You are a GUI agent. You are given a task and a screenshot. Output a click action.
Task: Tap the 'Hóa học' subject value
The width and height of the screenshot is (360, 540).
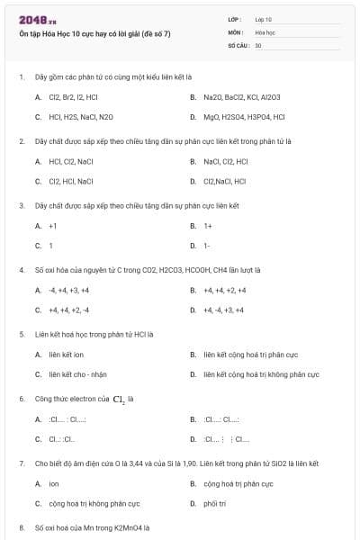pyautogui.click(x=265, y=31)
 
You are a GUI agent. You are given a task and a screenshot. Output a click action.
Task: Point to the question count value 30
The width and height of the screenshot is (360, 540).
pyautogui.click(x=258, y=44)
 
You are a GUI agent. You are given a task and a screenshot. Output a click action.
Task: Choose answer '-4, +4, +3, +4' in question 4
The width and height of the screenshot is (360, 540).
pyautogui.click(x=69, y=290)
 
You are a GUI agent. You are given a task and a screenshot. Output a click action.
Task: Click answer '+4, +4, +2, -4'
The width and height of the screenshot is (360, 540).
pyautogui.click(x=69, y=310)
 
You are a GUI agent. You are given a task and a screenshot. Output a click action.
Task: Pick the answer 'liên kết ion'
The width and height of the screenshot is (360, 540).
pyautogui.click(x=67, y=355)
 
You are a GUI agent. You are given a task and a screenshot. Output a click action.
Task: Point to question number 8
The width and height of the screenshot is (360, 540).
pyautogui.click(x=21, y=527)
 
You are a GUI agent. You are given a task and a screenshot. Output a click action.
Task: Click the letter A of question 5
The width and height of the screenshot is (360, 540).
pyautogui.click(x=38, y=355)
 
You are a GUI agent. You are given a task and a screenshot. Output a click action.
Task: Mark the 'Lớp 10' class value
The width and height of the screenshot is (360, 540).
pyautogui.click(x=264, y=19)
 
